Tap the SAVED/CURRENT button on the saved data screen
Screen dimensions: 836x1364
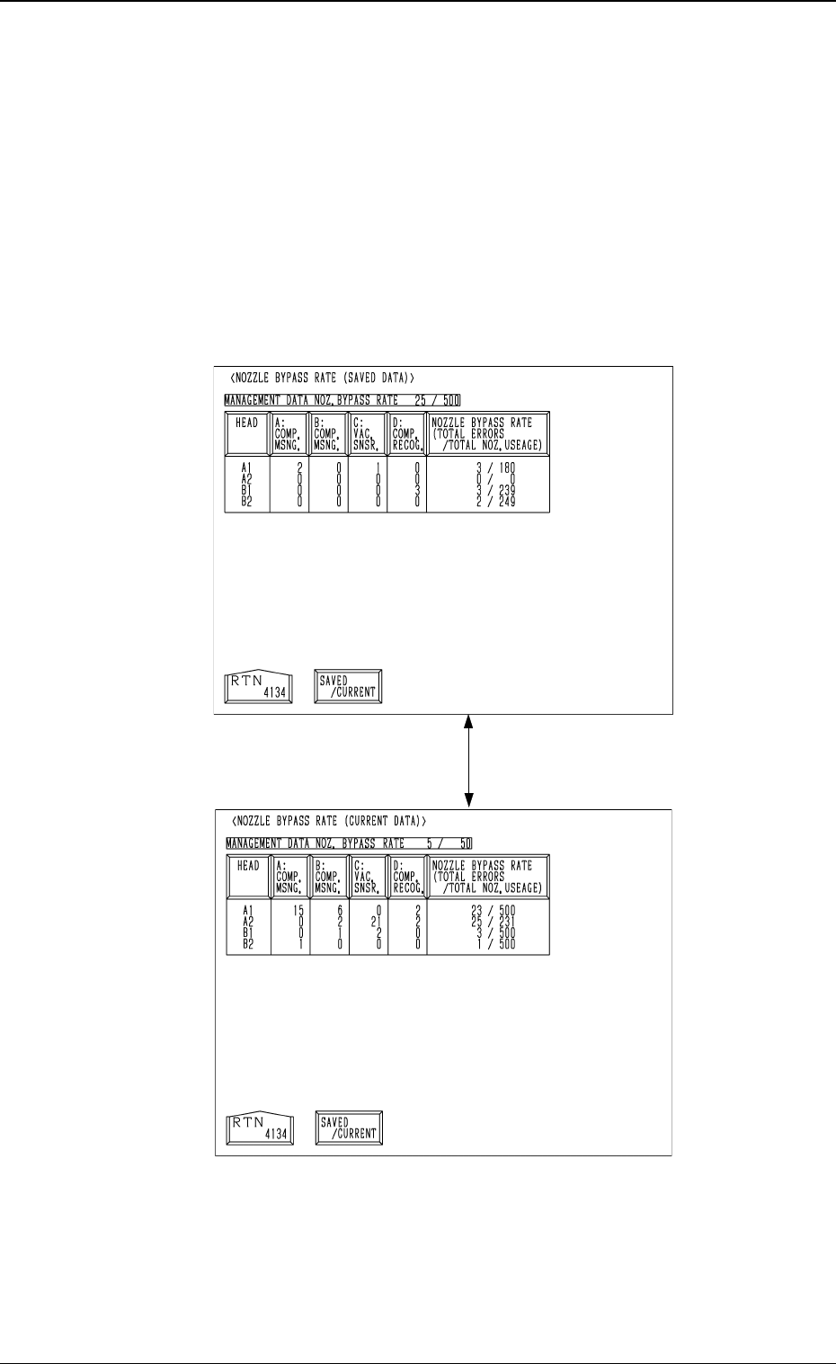click(x=349, y=687)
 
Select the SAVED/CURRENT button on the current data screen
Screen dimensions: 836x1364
click(x=349, y=1128)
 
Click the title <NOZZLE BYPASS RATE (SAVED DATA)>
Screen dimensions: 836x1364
click(x=323, y=378)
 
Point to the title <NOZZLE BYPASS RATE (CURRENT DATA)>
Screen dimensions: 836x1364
click(x=328, y=821)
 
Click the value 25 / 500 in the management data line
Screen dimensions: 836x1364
click(x=437, y=400)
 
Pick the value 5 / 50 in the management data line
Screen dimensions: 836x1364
click(x=443, y=843)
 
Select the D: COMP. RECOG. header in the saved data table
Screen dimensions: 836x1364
click(x=406, y=433)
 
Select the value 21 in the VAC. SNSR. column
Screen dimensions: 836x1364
click(x=378, y=921)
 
